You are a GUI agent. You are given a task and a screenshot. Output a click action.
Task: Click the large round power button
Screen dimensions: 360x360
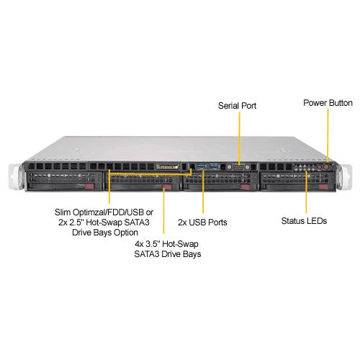click(x=326, y=167)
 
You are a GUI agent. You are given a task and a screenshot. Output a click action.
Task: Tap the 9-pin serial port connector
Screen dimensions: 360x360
click(x=238, y=167)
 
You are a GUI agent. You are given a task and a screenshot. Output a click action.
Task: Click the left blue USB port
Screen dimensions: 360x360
click(x=201, y=166)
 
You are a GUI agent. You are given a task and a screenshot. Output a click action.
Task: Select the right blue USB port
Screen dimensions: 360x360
click(x=215, y=166)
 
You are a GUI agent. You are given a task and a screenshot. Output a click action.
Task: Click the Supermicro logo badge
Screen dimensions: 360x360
click(x=168, y=166)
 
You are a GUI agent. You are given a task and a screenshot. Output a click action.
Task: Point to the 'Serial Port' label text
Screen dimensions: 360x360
click(x=237, y=106)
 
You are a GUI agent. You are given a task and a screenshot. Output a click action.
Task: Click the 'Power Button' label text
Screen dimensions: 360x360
click(x=328, y=103)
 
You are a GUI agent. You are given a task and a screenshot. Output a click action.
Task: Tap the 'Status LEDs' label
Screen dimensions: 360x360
click(x=304, y=221)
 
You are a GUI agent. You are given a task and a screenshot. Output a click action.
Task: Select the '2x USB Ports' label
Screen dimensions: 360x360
click(x=202, y=222)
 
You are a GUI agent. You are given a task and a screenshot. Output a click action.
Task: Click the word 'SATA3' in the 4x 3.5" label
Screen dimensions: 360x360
click(x=147, y=254)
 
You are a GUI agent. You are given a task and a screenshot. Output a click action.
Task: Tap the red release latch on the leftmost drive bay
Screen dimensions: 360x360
click(x=89, y=186)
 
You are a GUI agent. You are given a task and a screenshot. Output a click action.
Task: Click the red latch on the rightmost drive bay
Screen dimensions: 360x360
click(x=323, y=187)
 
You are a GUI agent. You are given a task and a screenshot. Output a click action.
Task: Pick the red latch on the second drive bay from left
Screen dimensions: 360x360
click(x=167, y=187)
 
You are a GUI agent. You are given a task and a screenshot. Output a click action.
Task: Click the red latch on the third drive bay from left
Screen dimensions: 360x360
click(x=246, y=187)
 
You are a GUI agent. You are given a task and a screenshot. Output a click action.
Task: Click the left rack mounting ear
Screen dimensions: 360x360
click(x=17, y=176)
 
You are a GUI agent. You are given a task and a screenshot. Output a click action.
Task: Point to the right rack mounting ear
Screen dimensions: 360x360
click(x=345, y=176)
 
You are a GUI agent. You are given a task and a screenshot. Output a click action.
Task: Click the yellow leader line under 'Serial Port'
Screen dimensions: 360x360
click(x=239, y=138)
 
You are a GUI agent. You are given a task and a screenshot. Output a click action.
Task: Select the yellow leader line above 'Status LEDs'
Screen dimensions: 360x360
click(x=306, y=192)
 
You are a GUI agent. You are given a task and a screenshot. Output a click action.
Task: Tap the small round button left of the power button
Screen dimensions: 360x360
click(x=320, y=167)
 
